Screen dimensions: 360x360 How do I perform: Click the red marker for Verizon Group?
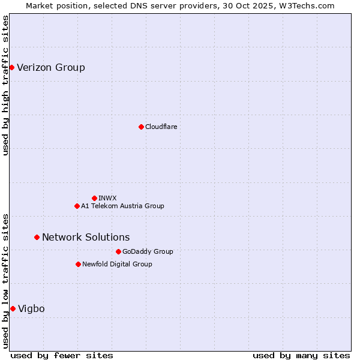coord(11,67)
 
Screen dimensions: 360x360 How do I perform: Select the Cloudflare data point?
coord(141,127)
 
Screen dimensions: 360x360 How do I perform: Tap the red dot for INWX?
coord(94,198)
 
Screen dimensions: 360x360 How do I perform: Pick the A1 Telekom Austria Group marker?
coord(77,206)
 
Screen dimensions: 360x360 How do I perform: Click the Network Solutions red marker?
coord(37,237)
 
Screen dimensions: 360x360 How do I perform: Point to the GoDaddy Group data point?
coord(118,251)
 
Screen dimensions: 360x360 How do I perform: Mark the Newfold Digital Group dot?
coord(78,264)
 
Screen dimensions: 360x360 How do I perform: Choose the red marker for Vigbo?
coord(13,308)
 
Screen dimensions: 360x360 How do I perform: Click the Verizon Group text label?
coord(51,67)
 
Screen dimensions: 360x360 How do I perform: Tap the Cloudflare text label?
coord(161,127)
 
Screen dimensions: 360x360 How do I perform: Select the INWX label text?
coord(108,198)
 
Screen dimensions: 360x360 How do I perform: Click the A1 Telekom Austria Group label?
coord(122,206)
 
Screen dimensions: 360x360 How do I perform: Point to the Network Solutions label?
coord(86,237)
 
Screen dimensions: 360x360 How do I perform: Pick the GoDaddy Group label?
coord(148,251)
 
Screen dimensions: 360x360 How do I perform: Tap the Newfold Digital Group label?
coord(117,264)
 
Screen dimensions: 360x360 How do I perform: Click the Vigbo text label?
coord(31,308)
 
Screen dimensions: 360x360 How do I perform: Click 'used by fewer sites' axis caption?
coord(62,355)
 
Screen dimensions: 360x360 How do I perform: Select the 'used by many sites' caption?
coord(301,355)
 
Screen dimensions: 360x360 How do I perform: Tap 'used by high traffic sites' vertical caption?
coord(5,85)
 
